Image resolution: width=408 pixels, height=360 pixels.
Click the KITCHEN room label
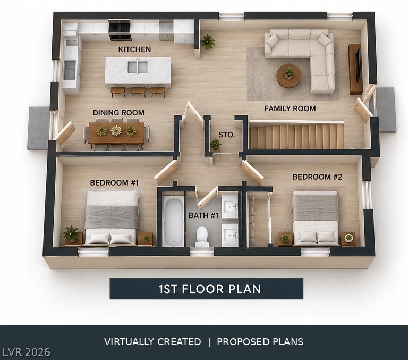134,49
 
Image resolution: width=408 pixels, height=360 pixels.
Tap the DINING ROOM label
118,113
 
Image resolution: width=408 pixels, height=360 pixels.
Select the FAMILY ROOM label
290,108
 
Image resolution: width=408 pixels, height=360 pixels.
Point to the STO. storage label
227,135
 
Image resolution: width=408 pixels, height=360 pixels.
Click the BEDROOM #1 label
115,182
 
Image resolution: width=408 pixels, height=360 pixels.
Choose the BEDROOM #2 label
318,177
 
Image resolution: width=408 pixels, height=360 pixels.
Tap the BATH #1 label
203,215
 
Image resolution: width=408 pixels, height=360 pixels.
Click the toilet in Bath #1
202,237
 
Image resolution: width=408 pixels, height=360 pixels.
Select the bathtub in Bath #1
174,221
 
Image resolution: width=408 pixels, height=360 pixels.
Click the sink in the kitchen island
138,67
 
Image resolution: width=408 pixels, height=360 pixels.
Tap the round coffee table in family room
289,76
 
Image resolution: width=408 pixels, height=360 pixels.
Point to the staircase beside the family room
296,136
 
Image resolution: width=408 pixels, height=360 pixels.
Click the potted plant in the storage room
216,144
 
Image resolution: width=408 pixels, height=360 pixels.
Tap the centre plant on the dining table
116,130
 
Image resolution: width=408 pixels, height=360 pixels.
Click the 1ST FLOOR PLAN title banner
206,289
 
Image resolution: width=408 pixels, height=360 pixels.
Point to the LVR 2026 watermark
25,352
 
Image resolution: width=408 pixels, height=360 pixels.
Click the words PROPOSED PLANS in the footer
260,342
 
